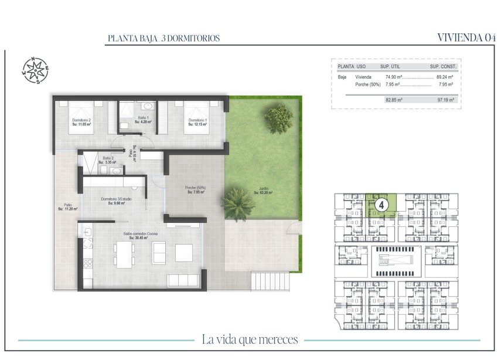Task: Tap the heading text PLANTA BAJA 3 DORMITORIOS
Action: click(x=163, y=38)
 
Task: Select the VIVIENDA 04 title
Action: click(x=467, y=38)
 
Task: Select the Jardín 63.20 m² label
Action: click(x=264, y=191)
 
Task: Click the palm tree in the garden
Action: click(x=237, y=202)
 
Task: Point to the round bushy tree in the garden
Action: click(x=278, y=118)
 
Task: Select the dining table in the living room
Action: click(x=124, y=255)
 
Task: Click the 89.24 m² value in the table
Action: click(x=445, y=77)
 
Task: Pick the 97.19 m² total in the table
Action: click(x=445, y=100)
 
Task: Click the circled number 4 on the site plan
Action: click(x=381, y=205)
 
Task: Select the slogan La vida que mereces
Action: click(x=250, y=339)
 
